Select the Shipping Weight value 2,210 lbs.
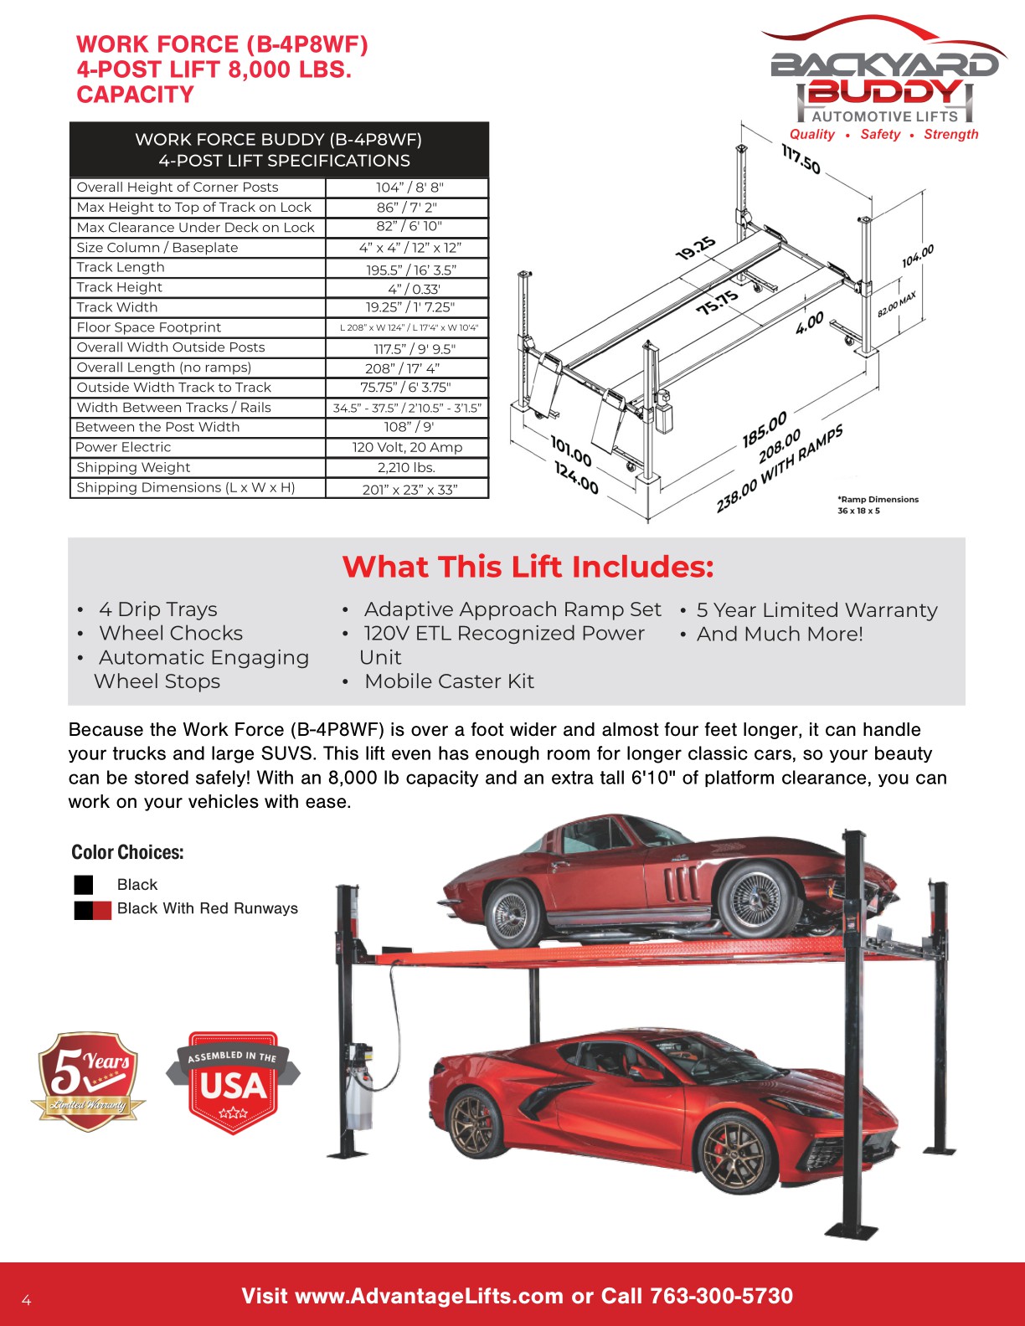coord(406,468)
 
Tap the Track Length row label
coord(121,267)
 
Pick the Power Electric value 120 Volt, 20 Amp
coord(407,447)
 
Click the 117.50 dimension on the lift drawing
coord(801,158)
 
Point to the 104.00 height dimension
coord(917,256)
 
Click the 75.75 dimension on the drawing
coord(718,302)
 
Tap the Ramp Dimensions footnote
coord(878,505)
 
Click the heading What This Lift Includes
coord(528,568)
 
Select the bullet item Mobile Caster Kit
coord(449,681)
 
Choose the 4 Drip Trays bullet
coord(157,609)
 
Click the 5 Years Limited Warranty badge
coord(88,1081)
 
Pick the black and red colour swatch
coord(93,910)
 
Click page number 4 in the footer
coord(26,1300)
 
